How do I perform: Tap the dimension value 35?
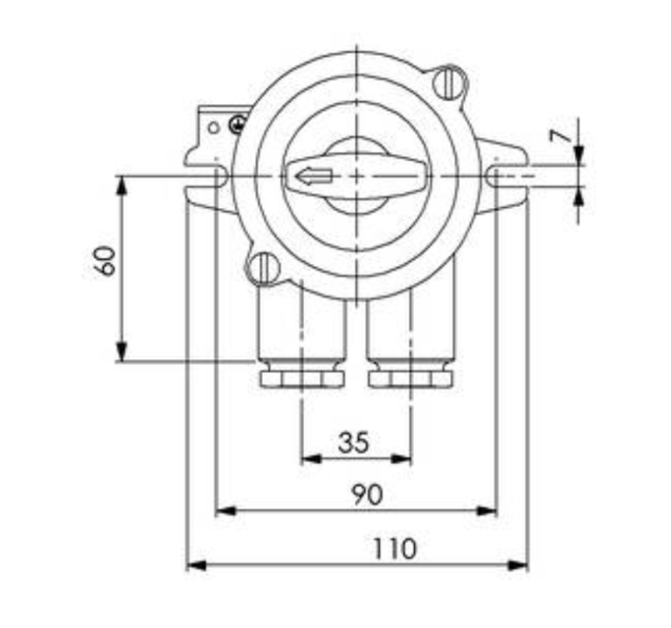pos(353,442)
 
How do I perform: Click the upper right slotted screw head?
pos(450,84)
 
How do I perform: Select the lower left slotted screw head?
pos(262,268)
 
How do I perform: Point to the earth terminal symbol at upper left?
pos(235,126)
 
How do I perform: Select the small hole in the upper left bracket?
pos(212,127)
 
